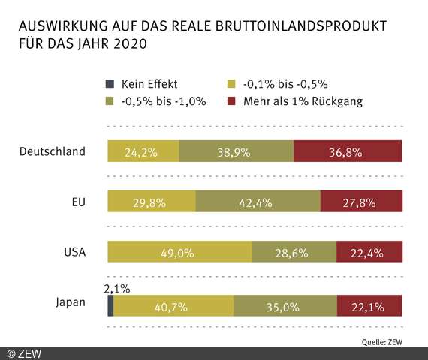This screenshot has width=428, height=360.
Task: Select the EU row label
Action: [x=77, y=202]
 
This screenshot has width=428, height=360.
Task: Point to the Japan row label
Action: [x=71, y=303]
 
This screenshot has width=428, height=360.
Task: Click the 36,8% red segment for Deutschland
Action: [x=348, y=151]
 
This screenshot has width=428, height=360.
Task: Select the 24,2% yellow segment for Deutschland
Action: [x=143, y=151]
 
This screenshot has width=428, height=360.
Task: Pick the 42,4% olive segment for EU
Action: [x=258, y=202]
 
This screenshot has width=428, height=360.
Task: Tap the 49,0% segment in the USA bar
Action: [x=179, y=252]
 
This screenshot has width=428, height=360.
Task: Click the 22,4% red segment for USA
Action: [x=369, y=252]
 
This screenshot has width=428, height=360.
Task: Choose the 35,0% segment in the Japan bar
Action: [x=285, y=304]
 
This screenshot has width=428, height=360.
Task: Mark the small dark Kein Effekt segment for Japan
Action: [x=110, y=304]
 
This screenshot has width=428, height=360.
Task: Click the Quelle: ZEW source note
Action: [x=393, y=340]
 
